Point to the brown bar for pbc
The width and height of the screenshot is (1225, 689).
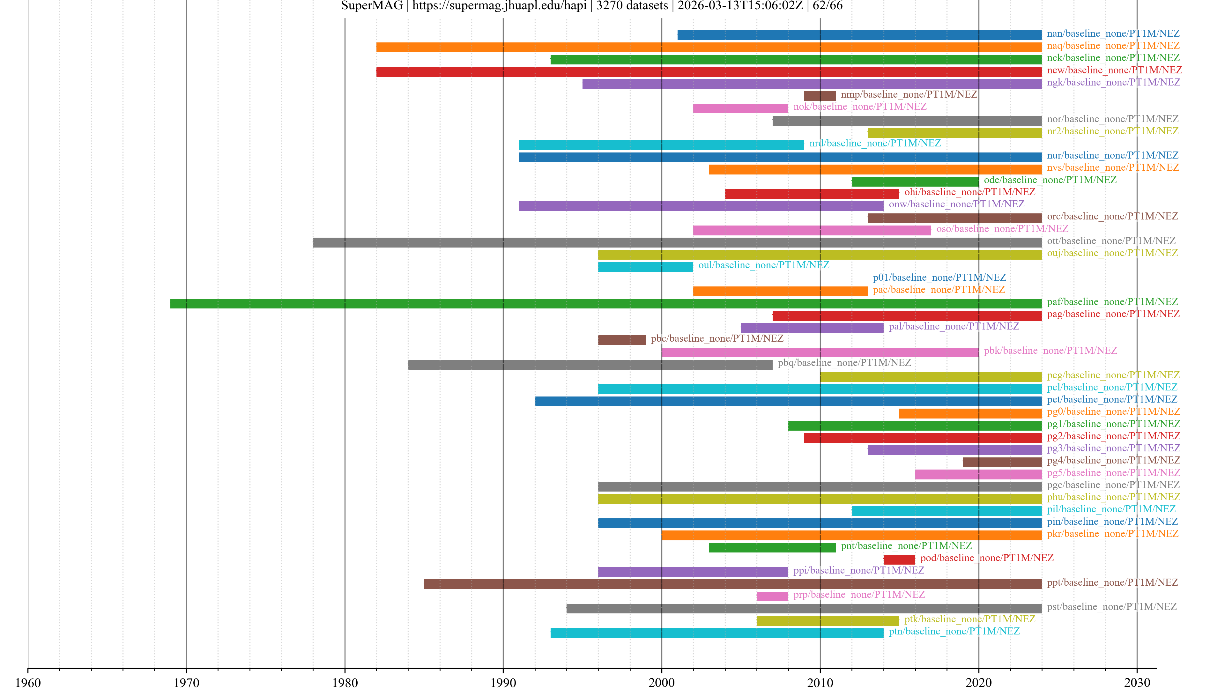coord(621,340)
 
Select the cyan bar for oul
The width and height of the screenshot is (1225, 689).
coord(645,267)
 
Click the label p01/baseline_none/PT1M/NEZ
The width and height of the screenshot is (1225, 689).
coord(939,277)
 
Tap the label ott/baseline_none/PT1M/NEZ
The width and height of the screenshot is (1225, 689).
coord(1111,241)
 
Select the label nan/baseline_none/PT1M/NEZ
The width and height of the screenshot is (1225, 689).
coord(1113,33)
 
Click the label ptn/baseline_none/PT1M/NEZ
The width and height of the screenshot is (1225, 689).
coord(954,631)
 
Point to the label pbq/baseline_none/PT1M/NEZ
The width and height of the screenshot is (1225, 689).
coord(844,362)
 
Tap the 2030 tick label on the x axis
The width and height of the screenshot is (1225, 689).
coord(1137,682)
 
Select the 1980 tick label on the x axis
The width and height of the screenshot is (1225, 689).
coord(345,682)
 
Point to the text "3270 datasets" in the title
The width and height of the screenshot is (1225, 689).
coord(632,6)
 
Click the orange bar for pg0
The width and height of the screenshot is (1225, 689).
coord(970,413)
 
